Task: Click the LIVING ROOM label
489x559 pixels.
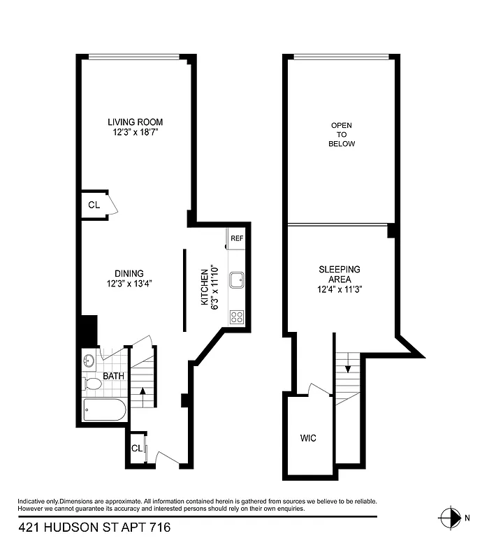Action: coord(135,122)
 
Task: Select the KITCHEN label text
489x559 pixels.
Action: coord(205,287)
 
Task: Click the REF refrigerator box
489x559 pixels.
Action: coord(237,238)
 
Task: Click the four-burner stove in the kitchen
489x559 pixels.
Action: coord(237,317)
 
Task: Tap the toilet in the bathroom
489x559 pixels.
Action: coord(92,384)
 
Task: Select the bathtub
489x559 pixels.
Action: coord(104,410)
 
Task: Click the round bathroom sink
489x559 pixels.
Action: coord(89,361)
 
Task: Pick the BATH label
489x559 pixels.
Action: coord(113,376)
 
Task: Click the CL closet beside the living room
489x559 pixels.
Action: coord(94,205)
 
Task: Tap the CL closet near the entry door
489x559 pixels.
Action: coord(137,448)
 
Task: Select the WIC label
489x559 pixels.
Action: coord(308,438)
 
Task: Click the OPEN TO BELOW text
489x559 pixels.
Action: coord(342,134)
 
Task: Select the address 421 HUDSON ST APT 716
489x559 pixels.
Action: coord(94,528)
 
